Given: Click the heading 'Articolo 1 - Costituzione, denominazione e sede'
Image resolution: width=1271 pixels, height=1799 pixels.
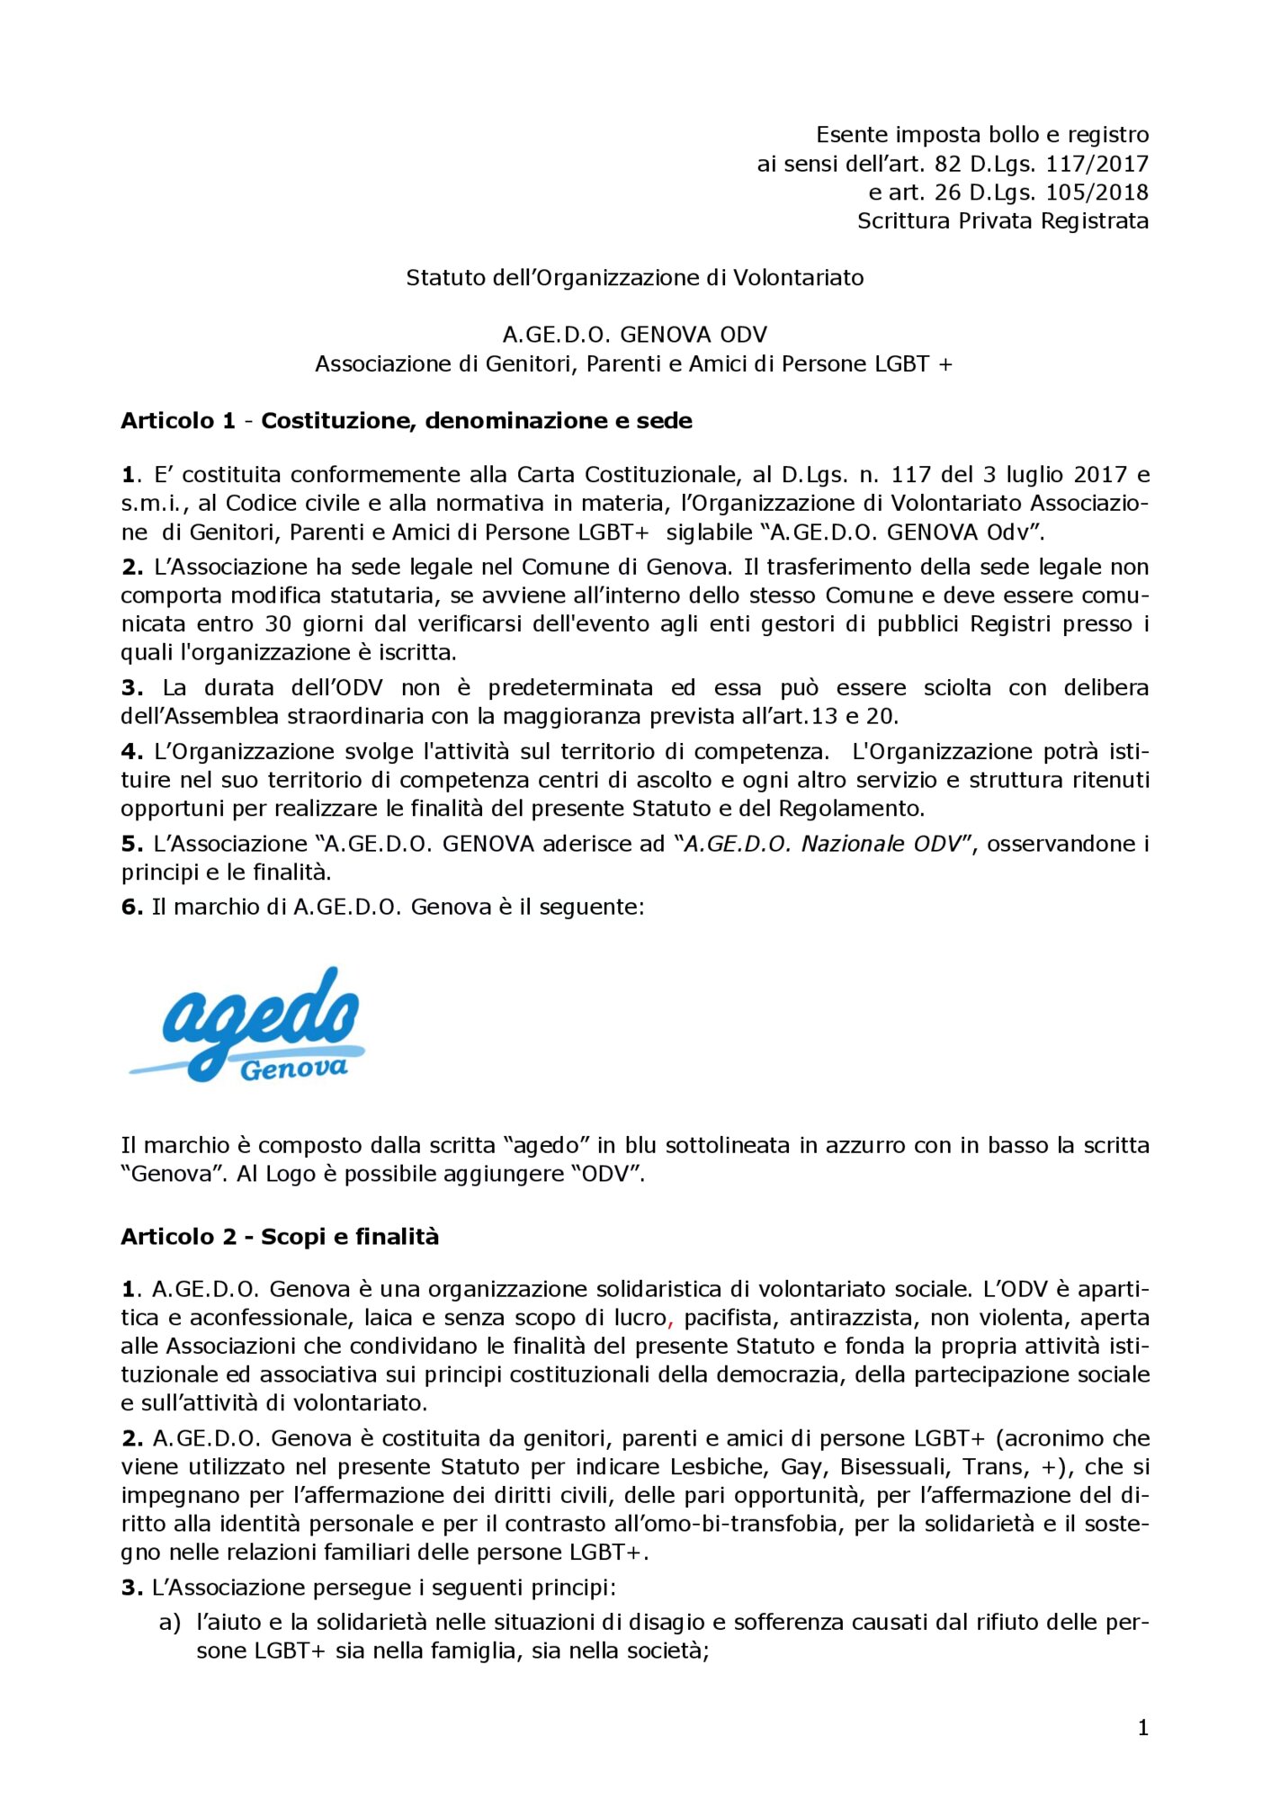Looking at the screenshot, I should pos(407,421).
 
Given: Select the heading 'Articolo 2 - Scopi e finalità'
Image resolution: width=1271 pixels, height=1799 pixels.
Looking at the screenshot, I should pos(280,1237).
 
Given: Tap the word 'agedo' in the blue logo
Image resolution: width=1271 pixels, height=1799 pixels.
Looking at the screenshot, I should pos(261,1016).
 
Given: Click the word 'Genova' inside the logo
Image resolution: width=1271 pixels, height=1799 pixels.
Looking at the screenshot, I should pos(293,1069).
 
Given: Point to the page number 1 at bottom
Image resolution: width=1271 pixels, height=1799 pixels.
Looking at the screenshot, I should pos(1142,1727).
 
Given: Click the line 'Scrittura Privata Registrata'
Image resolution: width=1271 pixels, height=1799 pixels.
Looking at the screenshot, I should pos(1002,221).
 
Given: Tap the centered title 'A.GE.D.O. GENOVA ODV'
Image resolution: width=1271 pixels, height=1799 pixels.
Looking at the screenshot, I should pos(634,336).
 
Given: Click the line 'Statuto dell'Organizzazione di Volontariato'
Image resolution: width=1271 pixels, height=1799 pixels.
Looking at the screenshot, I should pos(634,278).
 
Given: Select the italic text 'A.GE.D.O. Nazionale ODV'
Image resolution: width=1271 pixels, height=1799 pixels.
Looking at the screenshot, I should pos(822,844).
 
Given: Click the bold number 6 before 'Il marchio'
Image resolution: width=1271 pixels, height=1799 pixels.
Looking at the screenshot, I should pos(131,907).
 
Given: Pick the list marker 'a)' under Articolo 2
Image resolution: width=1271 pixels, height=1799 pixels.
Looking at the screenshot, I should pos(169,1623).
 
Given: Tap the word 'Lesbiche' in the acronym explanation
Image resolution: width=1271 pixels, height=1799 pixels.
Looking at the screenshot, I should pos(719,1467).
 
